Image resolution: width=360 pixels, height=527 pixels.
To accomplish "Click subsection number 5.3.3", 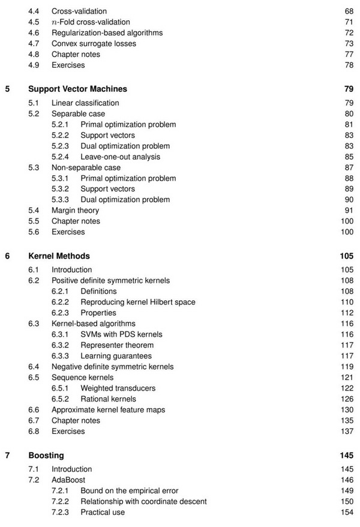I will click(x=62, y=199).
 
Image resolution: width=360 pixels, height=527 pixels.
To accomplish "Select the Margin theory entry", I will click(x=75, y=210).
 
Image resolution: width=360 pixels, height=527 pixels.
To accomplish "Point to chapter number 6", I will click(x=7, y=256).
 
